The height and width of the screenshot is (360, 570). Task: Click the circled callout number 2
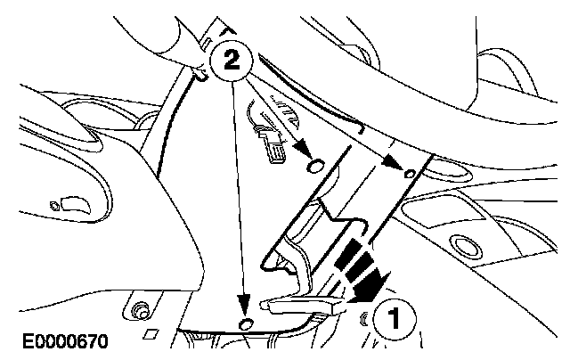[232, 61]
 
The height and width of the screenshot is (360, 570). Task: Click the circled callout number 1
[394, 317]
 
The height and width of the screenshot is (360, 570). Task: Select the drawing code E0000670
[65, 341]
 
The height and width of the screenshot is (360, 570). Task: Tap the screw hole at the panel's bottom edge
[246, 323]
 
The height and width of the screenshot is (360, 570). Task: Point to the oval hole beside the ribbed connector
[315, 166]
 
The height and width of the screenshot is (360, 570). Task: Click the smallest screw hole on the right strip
[410, 174]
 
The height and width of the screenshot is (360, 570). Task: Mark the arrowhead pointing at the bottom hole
[244, 305]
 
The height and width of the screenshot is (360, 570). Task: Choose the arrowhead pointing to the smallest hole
[394, 161]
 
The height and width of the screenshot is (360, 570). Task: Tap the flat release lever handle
[303, 305]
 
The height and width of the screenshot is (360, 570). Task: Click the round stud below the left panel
[140, 310]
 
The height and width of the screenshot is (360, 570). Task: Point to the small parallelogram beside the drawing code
[151, 333]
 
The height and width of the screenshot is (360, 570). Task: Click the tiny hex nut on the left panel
[54, 206]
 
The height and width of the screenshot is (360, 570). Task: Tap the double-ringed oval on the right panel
[467, 246]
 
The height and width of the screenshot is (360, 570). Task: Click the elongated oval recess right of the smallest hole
[450, 170]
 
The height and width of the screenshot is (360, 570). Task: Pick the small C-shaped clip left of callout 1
[364, 318]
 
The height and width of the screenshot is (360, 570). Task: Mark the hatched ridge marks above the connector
[284, 110]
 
